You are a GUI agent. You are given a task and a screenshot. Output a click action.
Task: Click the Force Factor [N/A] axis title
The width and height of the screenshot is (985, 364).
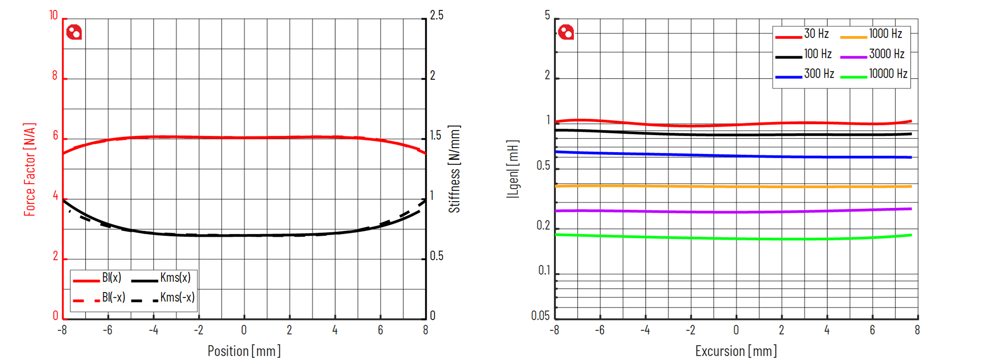[x=30, y=169]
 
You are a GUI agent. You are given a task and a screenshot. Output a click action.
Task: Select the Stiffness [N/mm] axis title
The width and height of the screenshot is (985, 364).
[x=454, y=169]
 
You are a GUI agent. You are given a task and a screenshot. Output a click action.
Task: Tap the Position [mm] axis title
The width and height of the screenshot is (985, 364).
[x=244, y=351]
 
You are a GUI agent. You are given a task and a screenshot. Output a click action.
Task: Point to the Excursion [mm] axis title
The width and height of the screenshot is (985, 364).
[x=736, y=351]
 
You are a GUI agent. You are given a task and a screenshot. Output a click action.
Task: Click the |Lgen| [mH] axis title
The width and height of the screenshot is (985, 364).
[x=513, y=169]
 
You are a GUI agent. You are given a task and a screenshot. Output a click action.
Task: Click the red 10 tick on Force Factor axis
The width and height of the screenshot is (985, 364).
[x=54, y=16]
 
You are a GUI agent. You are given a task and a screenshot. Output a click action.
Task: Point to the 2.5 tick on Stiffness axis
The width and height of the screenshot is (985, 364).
[x=436, y=16]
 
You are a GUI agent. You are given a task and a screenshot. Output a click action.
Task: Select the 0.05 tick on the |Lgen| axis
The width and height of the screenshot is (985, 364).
[x=540, y=316]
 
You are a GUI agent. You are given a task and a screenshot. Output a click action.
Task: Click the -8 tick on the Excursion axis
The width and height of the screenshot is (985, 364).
[x=554, y=330]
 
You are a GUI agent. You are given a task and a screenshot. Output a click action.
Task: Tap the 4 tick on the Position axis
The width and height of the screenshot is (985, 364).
[x=335, y=330]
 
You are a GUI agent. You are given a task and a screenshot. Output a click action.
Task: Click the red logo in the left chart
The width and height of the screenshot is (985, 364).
[x=74, y=32]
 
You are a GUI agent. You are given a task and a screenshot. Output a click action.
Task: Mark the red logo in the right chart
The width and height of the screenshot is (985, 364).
[x=566, y=32]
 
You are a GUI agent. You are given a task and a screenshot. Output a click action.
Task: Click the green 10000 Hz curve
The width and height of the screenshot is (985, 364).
[x=736, y=238]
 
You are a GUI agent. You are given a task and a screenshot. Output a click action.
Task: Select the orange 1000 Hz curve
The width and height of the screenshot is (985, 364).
[x=736, y=186]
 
